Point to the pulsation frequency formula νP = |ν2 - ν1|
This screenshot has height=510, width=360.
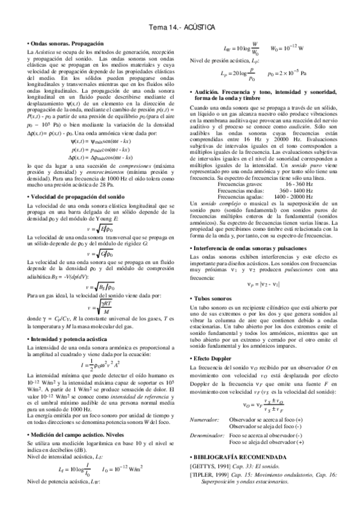[258, 284]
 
